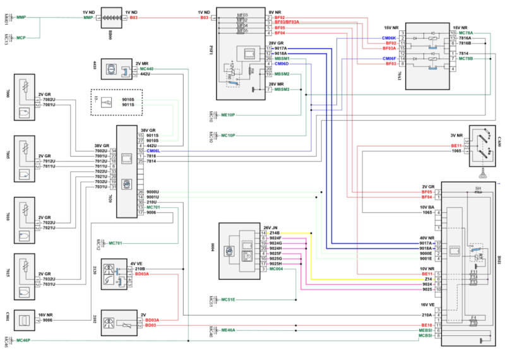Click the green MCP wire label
(x=21, y=38)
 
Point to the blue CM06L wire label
(x=153, y=151)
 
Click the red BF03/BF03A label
(x=287, y=22)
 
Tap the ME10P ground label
(x=228, y=115)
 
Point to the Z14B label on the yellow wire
(x=274, y=233)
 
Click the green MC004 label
(x=278, y=270)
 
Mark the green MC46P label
(x=23, y=341)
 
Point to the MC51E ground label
(x=228, y=299)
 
